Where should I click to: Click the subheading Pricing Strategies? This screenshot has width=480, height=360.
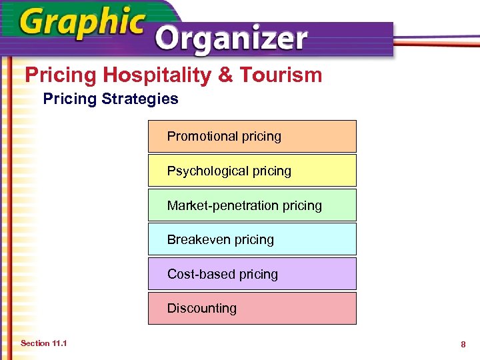pyautogui.click(x=111, y=99)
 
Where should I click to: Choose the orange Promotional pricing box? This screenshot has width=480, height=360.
pyautogui.click(x=252, y=136)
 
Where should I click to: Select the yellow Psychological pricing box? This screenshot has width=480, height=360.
pyautogui.click(x=252, y=171)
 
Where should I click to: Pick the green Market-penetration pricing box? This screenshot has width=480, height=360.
pyautogui.click(x=252, y=205)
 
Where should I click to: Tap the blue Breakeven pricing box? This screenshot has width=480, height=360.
pyautogui.click(x=252, y=239)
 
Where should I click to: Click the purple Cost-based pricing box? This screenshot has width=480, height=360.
pyautogui.click(x=252, y=274)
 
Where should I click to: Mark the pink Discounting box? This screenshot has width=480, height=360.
pyautogui.click(x=252, y=308)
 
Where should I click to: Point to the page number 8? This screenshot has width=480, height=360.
pyautogui.click(x=462, y=344)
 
